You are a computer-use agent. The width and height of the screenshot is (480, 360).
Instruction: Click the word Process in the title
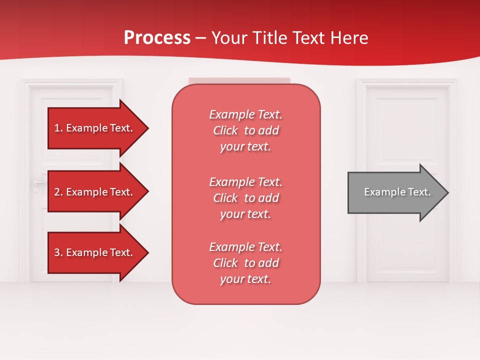[x=157, y=38]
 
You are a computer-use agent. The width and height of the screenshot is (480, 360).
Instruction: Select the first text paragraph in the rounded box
[x=245, y=130]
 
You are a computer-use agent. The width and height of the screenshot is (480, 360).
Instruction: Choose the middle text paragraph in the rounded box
[x=245, y=198]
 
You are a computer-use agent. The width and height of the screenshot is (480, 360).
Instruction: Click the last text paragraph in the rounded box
[x=245, y=263]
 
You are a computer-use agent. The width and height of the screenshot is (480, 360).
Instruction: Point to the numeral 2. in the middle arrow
[x=58, y=192]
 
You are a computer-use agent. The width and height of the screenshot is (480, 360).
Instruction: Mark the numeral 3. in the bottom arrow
[x=58, y=252]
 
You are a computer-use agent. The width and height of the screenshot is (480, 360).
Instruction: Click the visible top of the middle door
[x=239, y=80]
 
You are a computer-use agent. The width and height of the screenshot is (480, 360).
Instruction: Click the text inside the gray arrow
[x=397, y=192]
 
